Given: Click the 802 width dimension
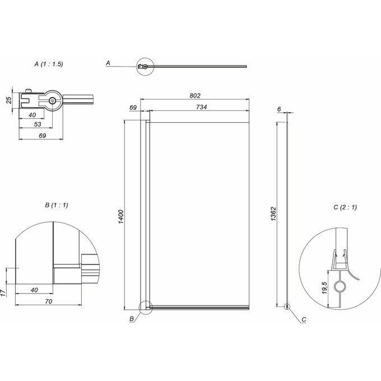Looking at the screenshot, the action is tap(195, 95).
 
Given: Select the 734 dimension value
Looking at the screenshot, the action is tap(202, 107).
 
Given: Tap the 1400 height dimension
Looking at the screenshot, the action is tap(121, 217).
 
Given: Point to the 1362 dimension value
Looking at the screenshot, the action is tap(273, 214).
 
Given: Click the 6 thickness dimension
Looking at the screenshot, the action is tap(279, 109).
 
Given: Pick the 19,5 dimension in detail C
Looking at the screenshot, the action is tap(324, 288).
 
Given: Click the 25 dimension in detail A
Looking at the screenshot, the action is tap(9, 100).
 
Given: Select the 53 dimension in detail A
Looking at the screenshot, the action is tap(38, 124).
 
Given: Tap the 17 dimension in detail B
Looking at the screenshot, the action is tap(3, 293).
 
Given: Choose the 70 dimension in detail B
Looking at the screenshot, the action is tap(49, 301).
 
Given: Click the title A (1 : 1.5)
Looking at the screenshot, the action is tap(49, 64).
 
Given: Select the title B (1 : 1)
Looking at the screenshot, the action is tap(57, 205).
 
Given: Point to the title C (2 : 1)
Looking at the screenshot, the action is tap(345, 207).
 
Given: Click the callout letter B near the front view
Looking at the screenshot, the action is tap(132, 319).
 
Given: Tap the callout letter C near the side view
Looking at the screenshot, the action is tap(304, 319).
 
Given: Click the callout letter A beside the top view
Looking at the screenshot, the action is tap(108, 63).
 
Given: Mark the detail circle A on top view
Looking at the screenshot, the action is tap(145, 58).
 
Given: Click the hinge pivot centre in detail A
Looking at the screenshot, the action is tap(52, 101).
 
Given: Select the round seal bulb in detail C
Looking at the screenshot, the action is tap(339, 286).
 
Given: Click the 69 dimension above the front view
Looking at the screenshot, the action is tap(133, 108).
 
